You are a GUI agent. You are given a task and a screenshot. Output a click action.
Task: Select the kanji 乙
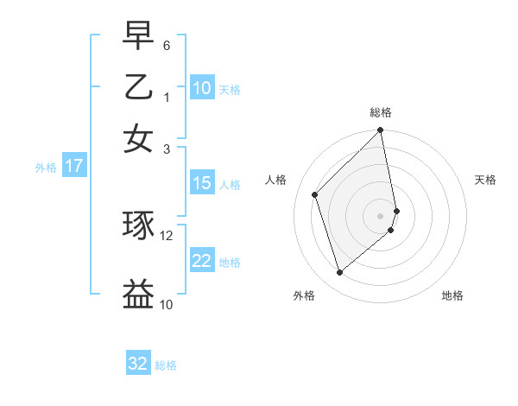point(139,86)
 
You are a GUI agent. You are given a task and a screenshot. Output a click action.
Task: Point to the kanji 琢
point(139,225)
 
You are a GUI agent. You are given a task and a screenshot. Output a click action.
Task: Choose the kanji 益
point(139,294)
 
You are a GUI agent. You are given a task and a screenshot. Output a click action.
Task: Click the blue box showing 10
point(202,87)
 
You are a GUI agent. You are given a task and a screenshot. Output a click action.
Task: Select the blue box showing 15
point(202,182)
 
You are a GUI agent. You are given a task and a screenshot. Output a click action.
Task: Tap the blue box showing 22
point(202,261)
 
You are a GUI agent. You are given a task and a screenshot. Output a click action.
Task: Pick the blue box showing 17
point(74,166)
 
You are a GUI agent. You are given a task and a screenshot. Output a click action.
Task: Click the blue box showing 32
point(138,364)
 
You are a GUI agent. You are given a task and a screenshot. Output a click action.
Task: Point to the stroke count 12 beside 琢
point(167,235)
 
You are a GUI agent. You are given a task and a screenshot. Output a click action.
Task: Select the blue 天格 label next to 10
point(230,89)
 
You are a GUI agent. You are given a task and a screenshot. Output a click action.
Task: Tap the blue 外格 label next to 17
point(46,168)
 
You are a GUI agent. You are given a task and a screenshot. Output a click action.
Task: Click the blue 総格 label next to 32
point(166,365)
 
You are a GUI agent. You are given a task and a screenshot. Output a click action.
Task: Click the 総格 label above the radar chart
point(381,112)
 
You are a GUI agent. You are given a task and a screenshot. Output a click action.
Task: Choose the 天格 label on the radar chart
point(485,180)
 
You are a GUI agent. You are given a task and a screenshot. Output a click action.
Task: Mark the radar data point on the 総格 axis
point(381,131)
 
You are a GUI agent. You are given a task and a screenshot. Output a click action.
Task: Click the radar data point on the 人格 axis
point(315,194)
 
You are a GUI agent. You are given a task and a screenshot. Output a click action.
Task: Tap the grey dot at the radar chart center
point(381,215)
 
